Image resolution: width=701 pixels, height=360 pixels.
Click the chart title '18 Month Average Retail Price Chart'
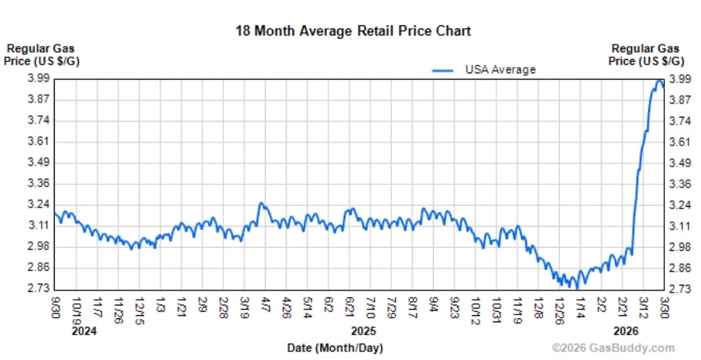[x=353, y=30]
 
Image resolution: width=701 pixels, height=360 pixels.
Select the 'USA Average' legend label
[x=500, y=70]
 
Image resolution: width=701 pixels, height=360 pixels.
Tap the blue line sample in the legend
[x=444, y=70]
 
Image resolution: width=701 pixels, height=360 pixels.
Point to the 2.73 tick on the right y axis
[x=679, y=289]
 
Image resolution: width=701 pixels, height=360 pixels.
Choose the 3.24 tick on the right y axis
[x=679, y=205]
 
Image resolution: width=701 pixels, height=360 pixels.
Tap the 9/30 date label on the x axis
[x=56, y=306]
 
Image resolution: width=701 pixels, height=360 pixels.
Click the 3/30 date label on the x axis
[x=664, y=306]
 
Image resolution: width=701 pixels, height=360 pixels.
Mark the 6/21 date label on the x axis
[x=350, y=306]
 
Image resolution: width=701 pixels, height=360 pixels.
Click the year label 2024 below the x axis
[x=84, y=331]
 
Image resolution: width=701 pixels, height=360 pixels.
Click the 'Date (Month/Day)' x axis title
[x=334, y=348]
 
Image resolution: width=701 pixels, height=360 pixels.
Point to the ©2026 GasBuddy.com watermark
[x=612, y=348]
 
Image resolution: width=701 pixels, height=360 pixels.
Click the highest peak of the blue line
[x=659, y=81]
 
